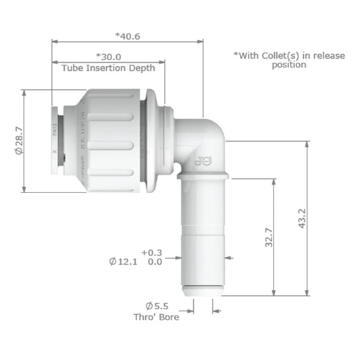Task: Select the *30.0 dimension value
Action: click(x=108, y=57)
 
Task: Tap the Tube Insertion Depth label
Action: click(x=108, y=68)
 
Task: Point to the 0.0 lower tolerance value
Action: click(x=154, y=261)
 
